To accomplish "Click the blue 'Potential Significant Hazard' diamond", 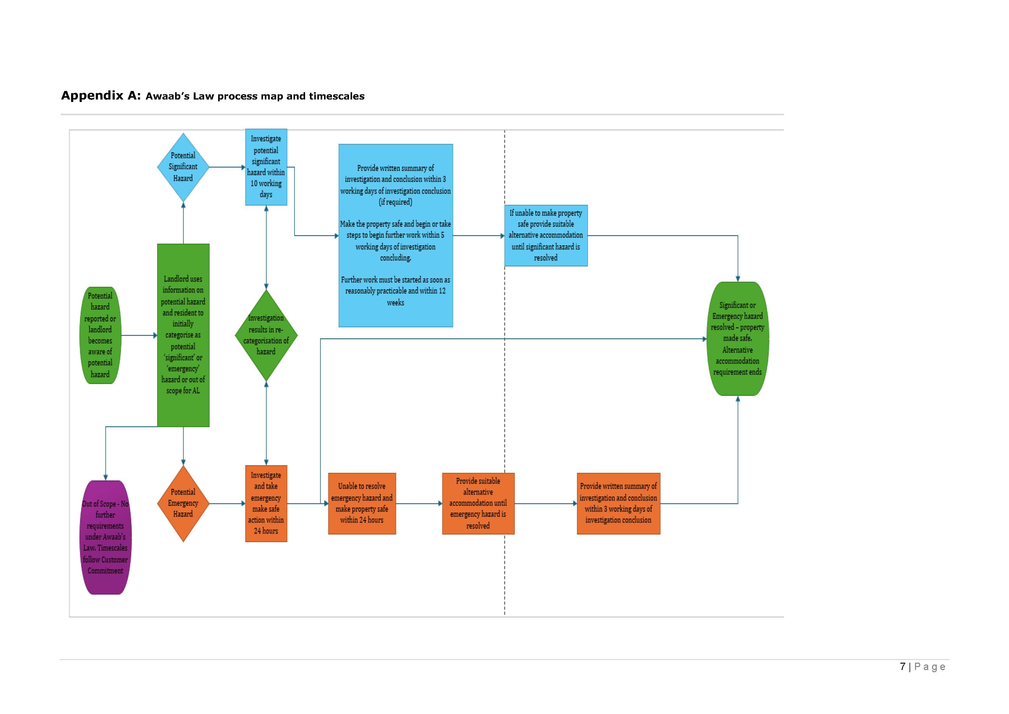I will [x=183, y=167].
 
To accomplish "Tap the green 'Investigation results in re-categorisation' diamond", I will [x=266, y=335].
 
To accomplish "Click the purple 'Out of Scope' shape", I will [x=106, y=537].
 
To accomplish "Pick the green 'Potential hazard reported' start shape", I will [x=100, y=335].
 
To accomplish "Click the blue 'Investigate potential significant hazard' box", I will [x=266, y=167].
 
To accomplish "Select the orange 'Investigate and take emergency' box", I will [x=266, y=503].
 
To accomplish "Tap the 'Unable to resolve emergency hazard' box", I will [x=362, y=503].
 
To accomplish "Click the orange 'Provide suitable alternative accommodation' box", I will [x=478, y=503].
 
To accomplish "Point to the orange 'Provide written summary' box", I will [x=618, y=503].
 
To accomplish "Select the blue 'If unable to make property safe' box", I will [x=546, y=236].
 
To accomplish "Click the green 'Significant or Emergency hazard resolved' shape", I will [x=737, y=339].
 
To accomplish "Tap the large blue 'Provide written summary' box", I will [x=395, y=236].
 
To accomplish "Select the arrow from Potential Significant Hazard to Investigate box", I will [x=227, y=167].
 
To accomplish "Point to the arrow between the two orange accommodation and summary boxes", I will [x=545, y=503].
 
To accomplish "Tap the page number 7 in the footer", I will [x=902, y=666].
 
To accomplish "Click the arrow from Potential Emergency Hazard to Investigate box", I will [x=227, y=503].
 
